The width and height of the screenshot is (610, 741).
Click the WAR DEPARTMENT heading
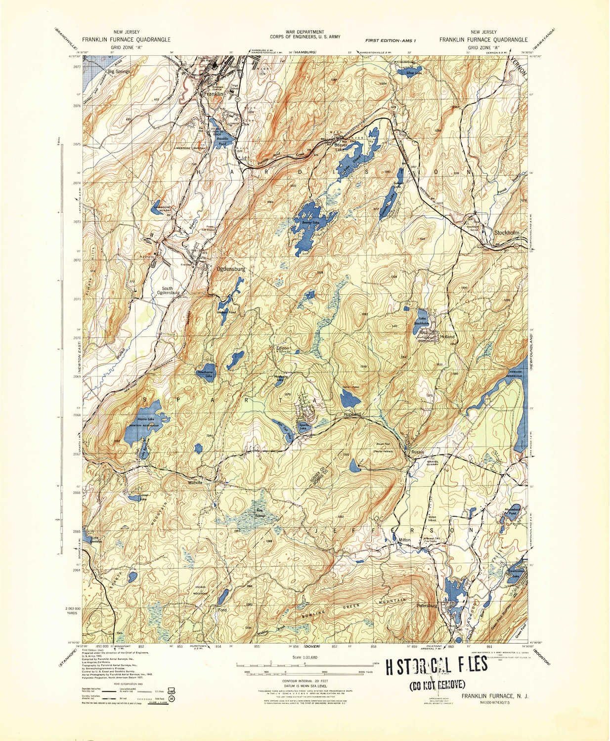point(304,32)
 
